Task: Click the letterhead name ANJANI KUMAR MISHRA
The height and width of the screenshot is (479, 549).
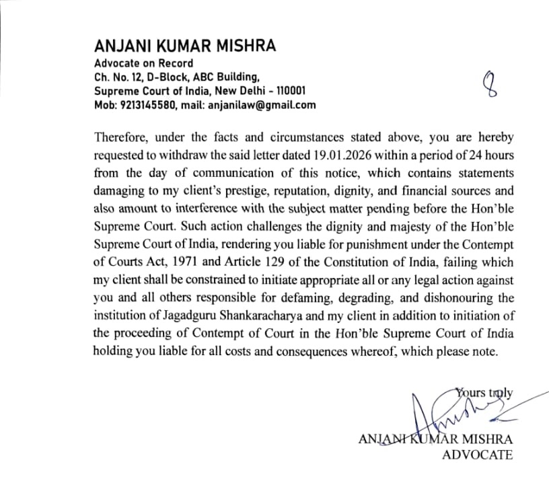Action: tap(185, 47)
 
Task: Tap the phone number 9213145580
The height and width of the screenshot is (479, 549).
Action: tap(149, 105)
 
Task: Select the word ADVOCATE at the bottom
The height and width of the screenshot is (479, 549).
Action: tap(477, 455)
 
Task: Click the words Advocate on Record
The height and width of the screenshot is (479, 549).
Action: tap(143, 64)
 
